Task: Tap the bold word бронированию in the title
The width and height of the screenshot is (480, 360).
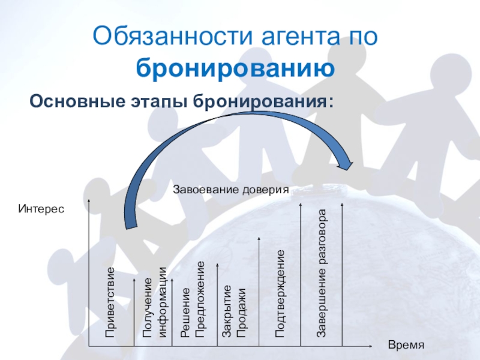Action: (x=235, y=68)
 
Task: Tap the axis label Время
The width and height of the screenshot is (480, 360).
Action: (x=406, y=346)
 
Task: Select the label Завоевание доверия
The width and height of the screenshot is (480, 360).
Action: (x=232, y=189)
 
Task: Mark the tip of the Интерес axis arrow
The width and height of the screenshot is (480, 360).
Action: (x=89, y=200)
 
